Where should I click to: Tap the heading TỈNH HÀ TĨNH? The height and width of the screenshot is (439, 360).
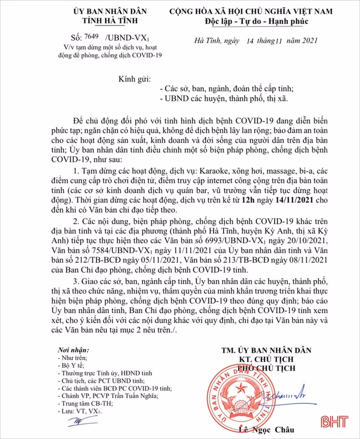(x=110, y=21)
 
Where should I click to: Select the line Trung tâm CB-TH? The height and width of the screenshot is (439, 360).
(x=82, y=403)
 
